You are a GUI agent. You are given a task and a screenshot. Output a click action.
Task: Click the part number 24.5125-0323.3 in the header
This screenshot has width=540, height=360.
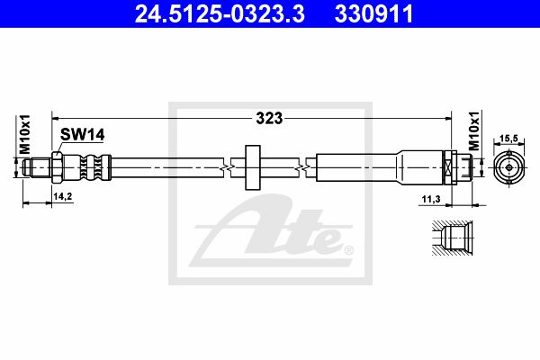click(220, 14)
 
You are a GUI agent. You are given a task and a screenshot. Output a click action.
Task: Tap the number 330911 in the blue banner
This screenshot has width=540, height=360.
click(373, 14)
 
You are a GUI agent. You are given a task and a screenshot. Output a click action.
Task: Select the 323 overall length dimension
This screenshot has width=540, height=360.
click(269, 119)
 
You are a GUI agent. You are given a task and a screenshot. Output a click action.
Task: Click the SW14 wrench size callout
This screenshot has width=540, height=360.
click(82, 135)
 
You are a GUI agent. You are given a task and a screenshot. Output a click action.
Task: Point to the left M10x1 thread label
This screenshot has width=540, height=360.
click(25, 134)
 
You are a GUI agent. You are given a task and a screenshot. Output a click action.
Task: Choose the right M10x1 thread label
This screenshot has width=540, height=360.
click(474, 130)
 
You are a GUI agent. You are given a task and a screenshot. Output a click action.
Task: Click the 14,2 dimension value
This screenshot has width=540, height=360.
click(63, 196)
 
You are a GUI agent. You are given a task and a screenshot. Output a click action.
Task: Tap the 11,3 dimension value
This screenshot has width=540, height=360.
click(431, 199)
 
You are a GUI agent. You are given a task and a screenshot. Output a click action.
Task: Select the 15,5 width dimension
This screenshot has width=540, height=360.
click(508, 139)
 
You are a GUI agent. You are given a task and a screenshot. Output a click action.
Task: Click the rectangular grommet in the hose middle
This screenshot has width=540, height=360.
click(252, 167)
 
